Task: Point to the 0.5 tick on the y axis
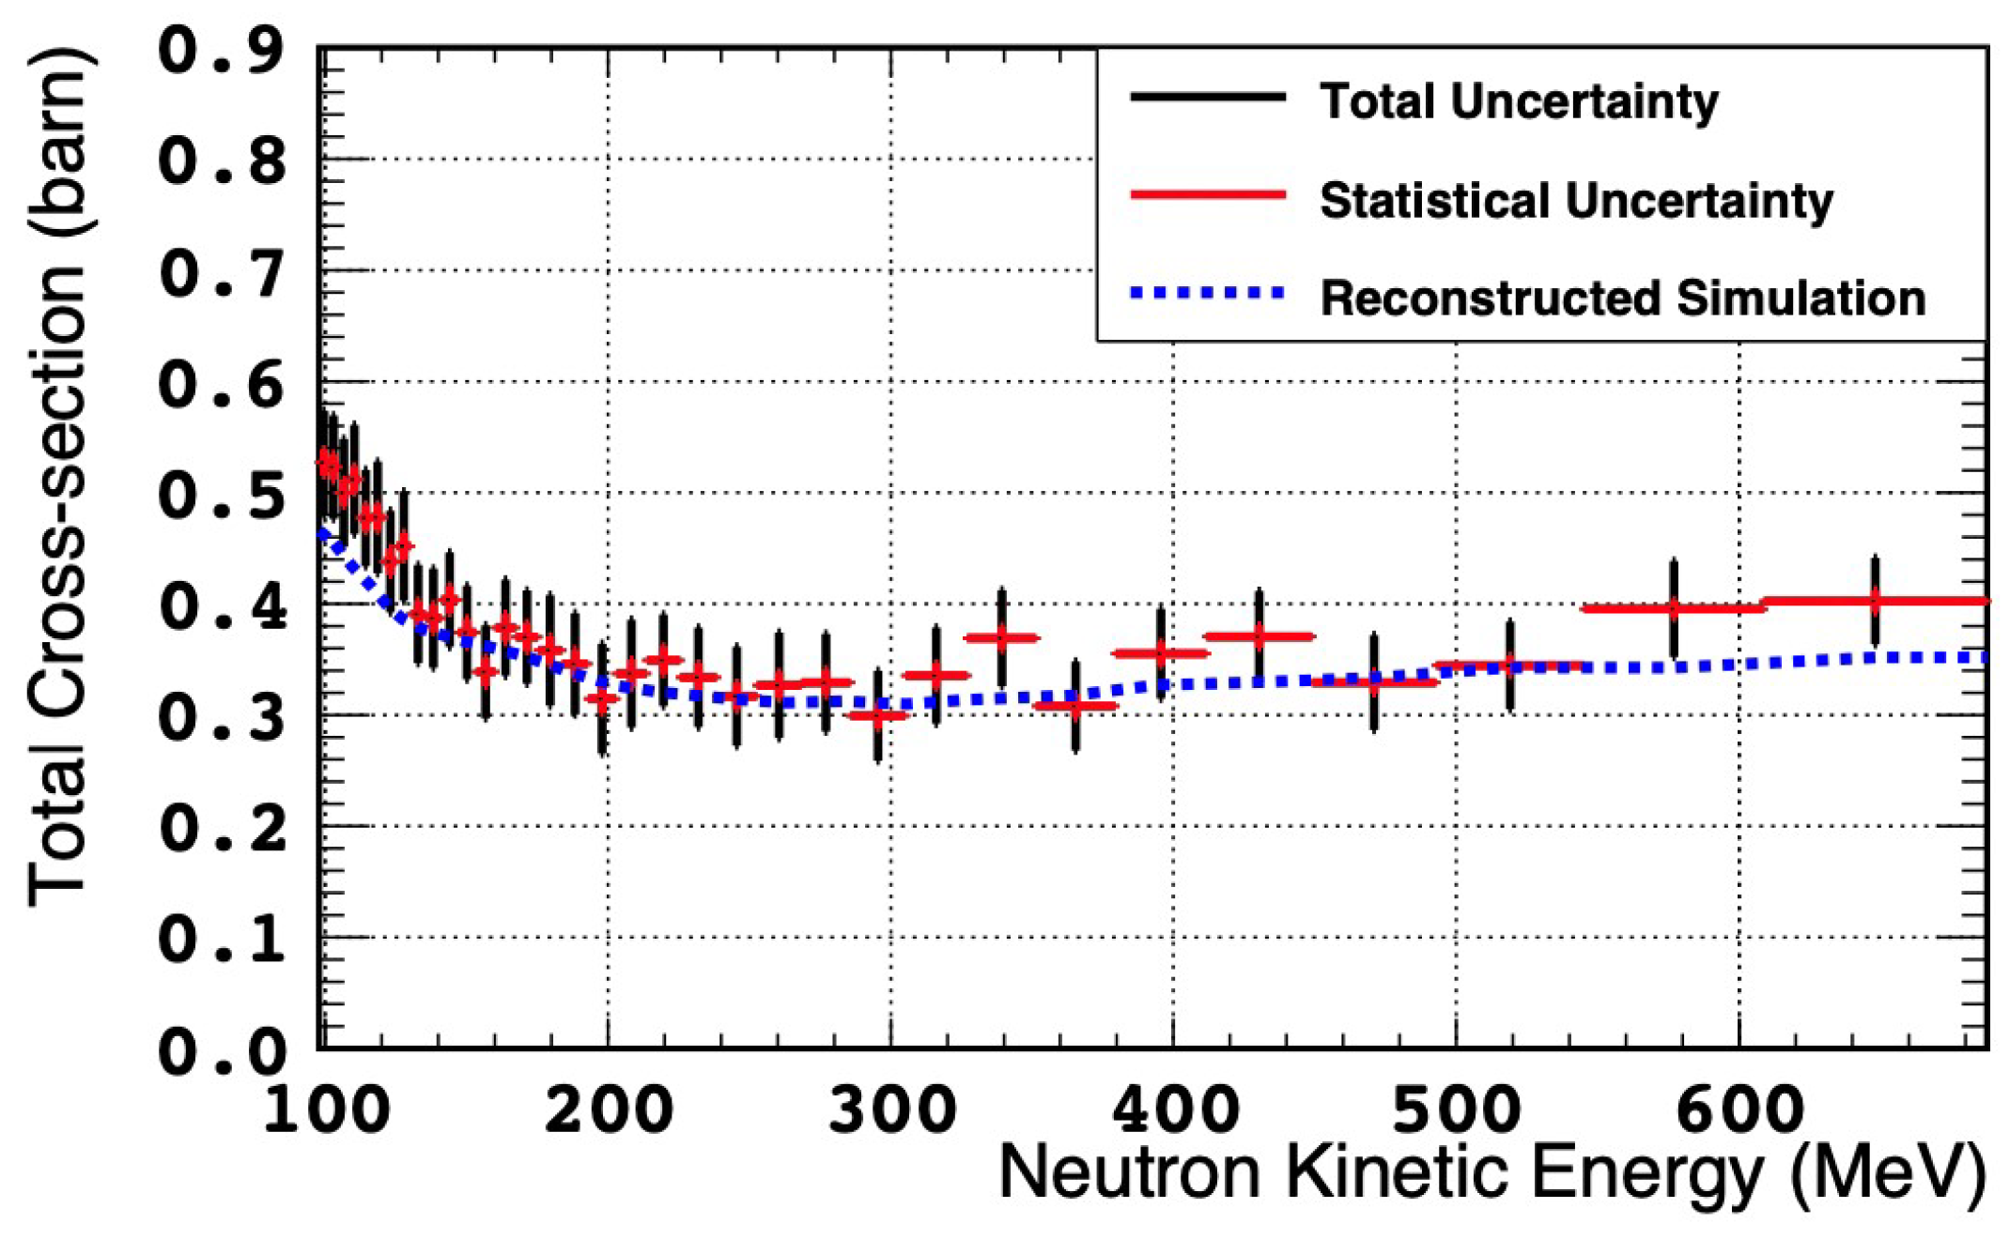[222, 495]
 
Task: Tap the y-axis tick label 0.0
[222, 1051]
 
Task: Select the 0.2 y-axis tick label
[222, 829]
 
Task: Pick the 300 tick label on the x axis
[891, 1110]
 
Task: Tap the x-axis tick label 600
[1739, 1110]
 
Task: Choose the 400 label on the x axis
[1174, 1110]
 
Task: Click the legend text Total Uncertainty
[1519, 100]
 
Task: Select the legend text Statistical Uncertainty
[1576, 200]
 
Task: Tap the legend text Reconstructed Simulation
[1623, 298]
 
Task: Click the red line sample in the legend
[1208, 194]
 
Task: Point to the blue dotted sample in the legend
[1208, 294]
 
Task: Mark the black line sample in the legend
[1208, 97]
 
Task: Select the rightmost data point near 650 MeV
[1875, 601]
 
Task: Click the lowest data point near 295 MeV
[877, 716]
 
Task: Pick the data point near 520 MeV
[1509, 665]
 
